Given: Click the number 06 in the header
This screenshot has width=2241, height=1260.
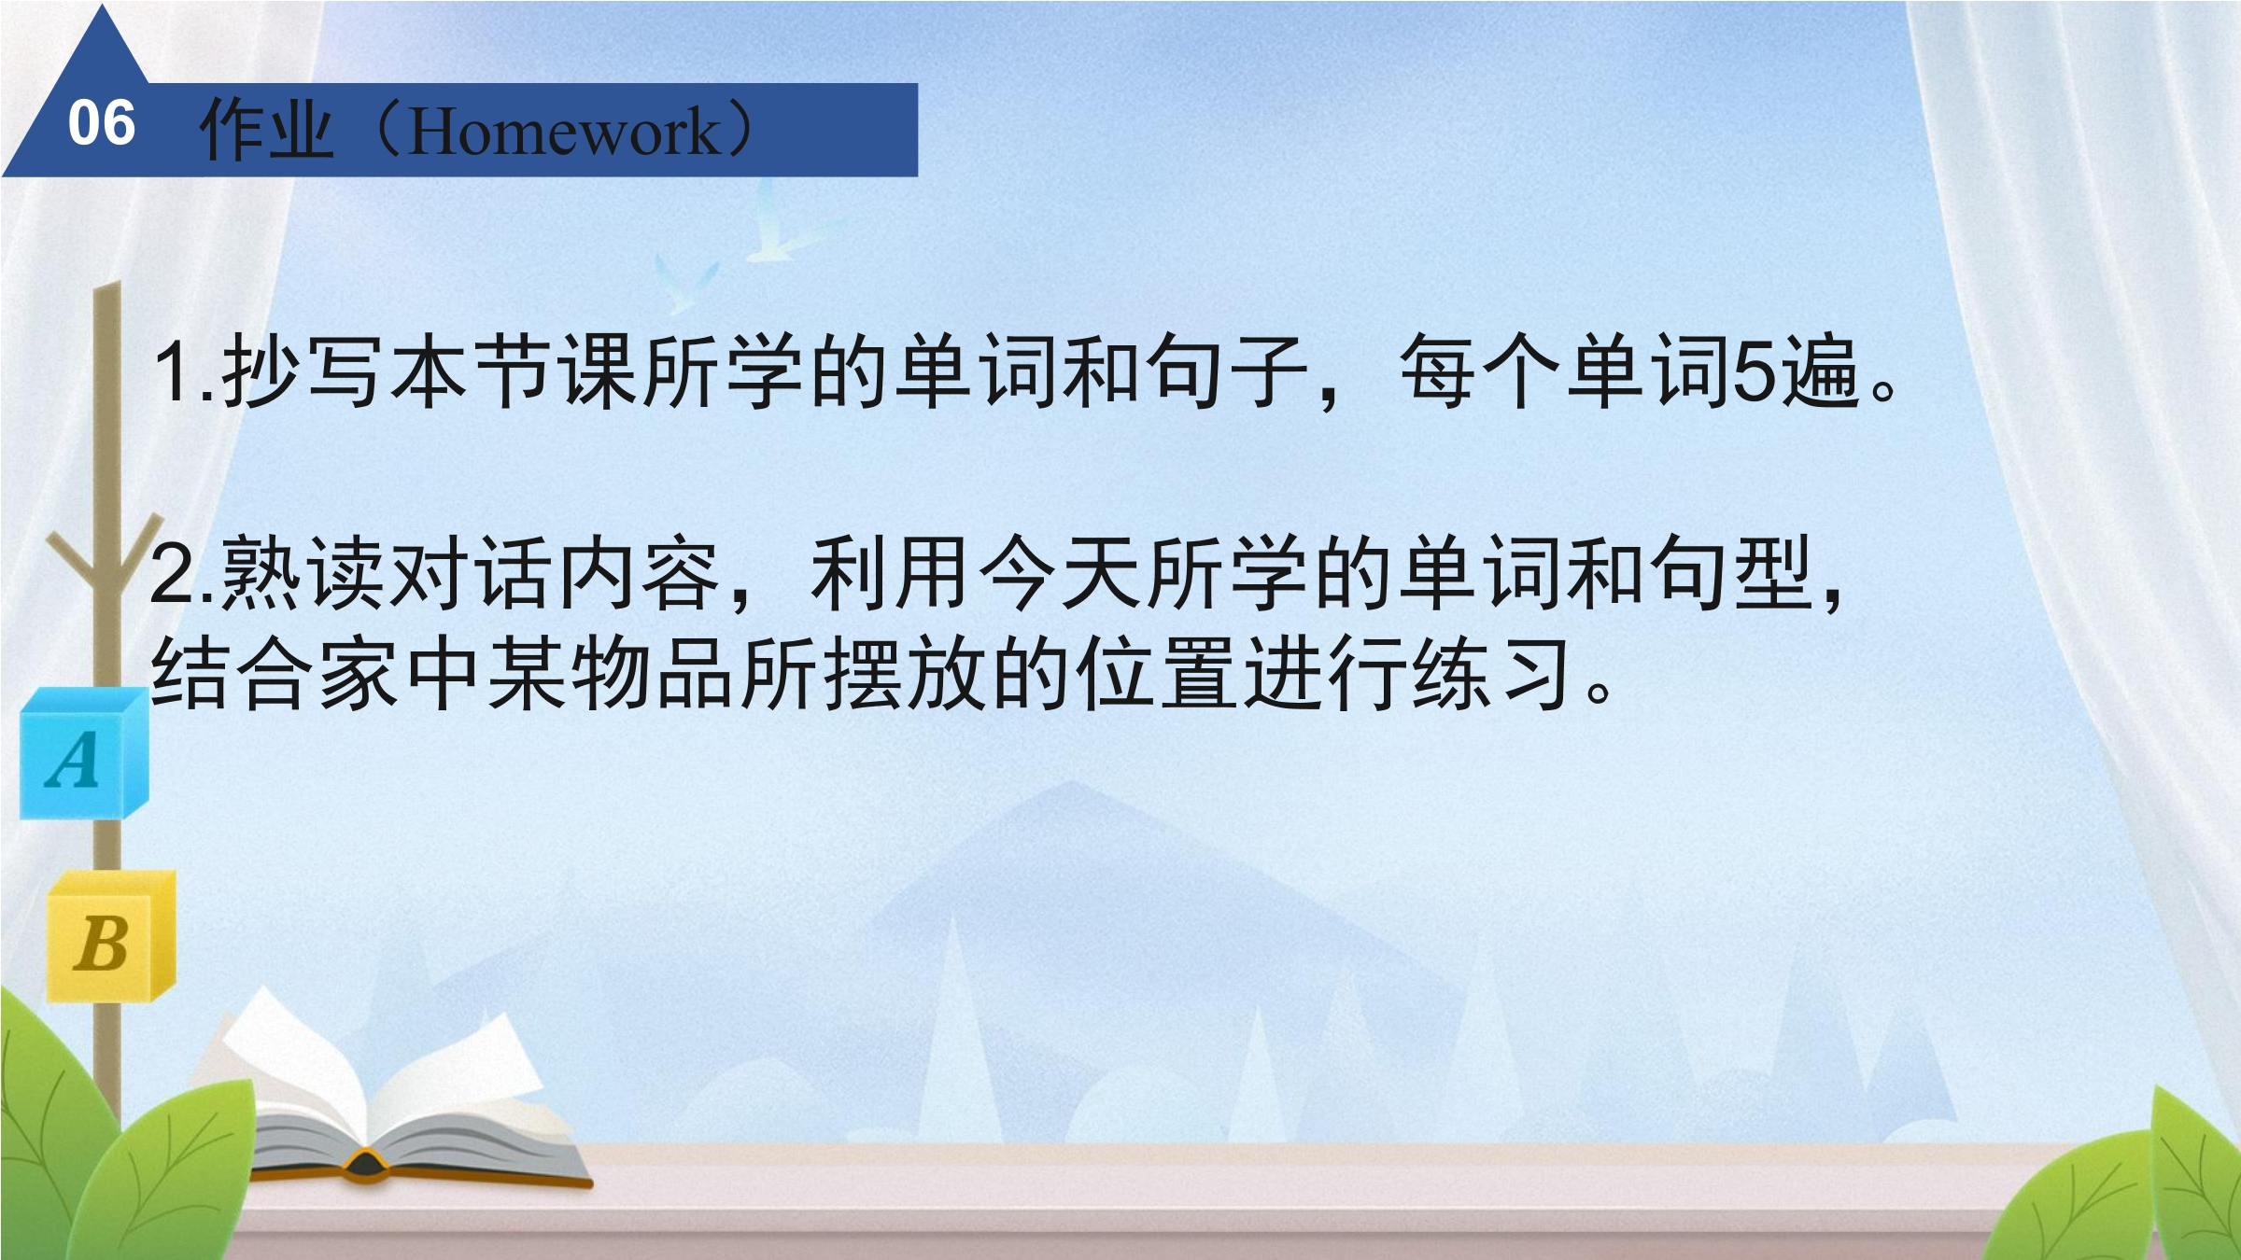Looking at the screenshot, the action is [x=102, y=123].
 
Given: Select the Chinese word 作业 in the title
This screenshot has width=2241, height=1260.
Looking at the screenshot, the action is [x=266, y=129].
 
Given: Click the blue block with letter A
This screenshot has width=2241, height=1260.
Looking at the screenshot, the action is [x=84, y=753].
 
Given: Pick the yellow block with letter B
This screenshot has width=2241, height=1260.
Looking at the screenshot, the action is [x=111, y=936].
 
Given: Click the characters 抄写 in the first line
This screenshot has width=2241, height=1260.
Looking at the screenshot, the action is [x=302, y=371].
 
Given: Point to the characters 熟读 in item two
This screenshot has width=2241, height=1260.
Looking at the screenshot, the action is [x=302, y=572].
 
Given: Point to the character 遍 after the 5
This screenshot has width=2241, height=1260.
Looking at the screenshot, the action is [x=1820, y=371].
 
